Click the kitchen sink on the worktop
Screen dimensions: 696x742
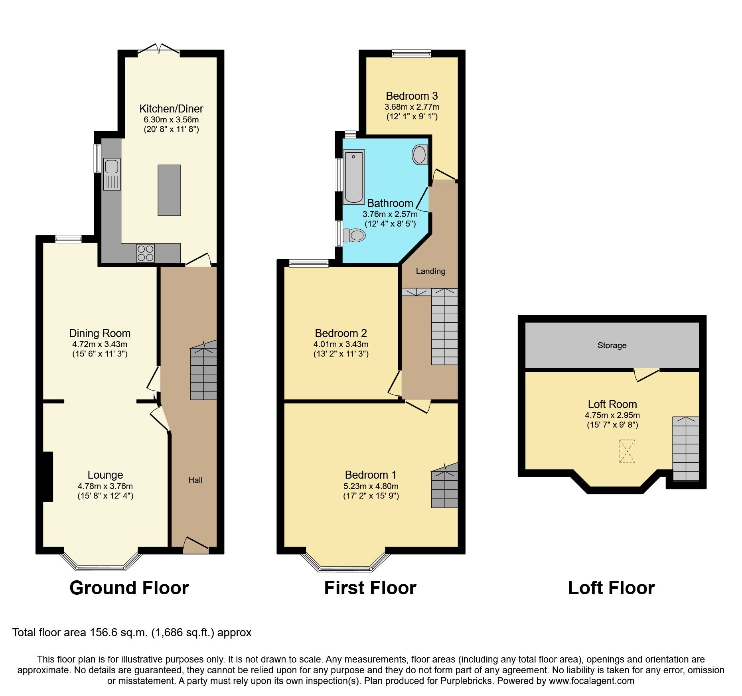click(112, 174)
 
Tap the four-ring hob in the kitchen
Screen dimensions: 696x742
click(145, 253)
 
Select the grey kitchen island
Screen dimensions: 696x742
click(169, 190)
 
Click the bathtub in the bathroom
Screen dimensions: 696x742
click(354, 176)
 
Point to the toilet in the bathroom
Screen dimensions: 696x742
click(354, 235)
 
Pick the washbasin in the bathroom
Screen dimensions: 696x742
click(419, 155)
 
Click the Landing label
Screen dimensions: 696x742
click(430, 271)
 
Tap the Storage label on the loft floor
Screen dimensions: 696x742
click(612, 345)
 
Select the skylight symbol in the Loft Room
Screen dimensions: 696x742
click(627, 451)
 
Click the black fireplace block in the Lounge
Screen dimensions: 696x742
click(47, 476)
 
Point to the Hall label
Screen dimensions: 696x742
click(195, 480)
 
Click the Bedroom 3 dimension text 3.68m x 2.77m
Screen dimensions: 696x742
click(412, 107)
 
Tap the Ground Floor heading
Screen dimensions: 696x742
click(129, 588)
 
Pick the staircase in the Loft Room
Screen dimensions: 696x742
click(685, 449)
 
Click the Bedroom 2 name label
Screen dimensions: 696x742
click(340, 333)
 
